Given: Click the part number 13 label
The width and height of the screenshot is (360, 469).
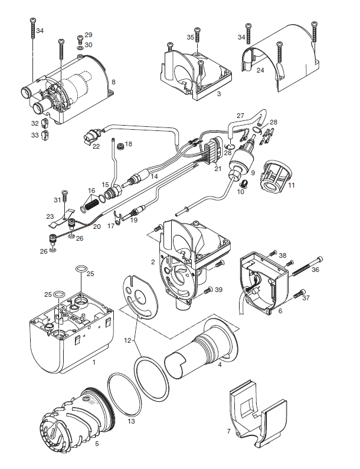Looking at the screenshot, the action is click(x=131, y=421).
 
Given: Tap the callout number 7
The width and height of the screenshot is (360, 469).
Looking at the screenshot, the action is click(x=229, y=431).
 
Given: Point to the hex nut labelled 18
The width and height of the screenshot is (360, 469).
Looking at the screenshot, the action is click(x=120, y=146).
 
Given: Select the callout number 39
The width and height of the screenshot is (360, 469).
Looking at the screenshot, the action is click(x=219, y=290).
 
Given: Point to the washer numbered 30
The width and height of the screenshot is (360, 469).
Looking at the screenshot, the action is click(x=80, y=47).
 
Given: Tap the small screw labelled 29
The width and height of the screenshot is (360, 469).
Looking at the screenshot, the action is click(x=80, y=39).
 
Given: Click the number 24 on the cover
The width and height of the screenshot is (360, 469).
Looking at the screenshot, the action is click(x=260, y=70).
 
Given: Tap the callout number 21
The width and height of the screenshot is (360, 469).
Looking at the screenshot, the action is click(x=218, y=169).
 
